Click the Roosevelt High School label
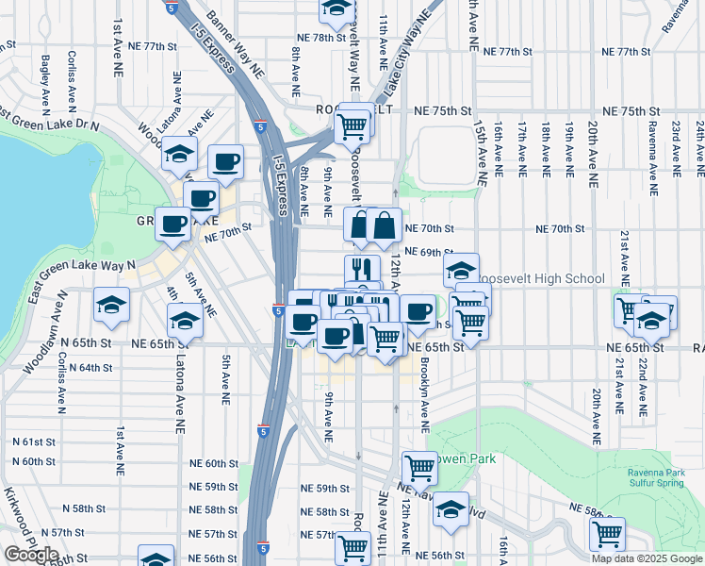541,278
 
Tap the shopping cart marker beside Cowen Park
418,466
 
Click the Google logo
30,555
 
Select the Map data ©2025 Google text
647,558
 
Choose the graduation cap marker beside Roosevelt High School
461,270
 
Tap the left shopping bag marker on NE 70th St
361,225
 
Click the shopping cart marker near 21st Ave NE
629,310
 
